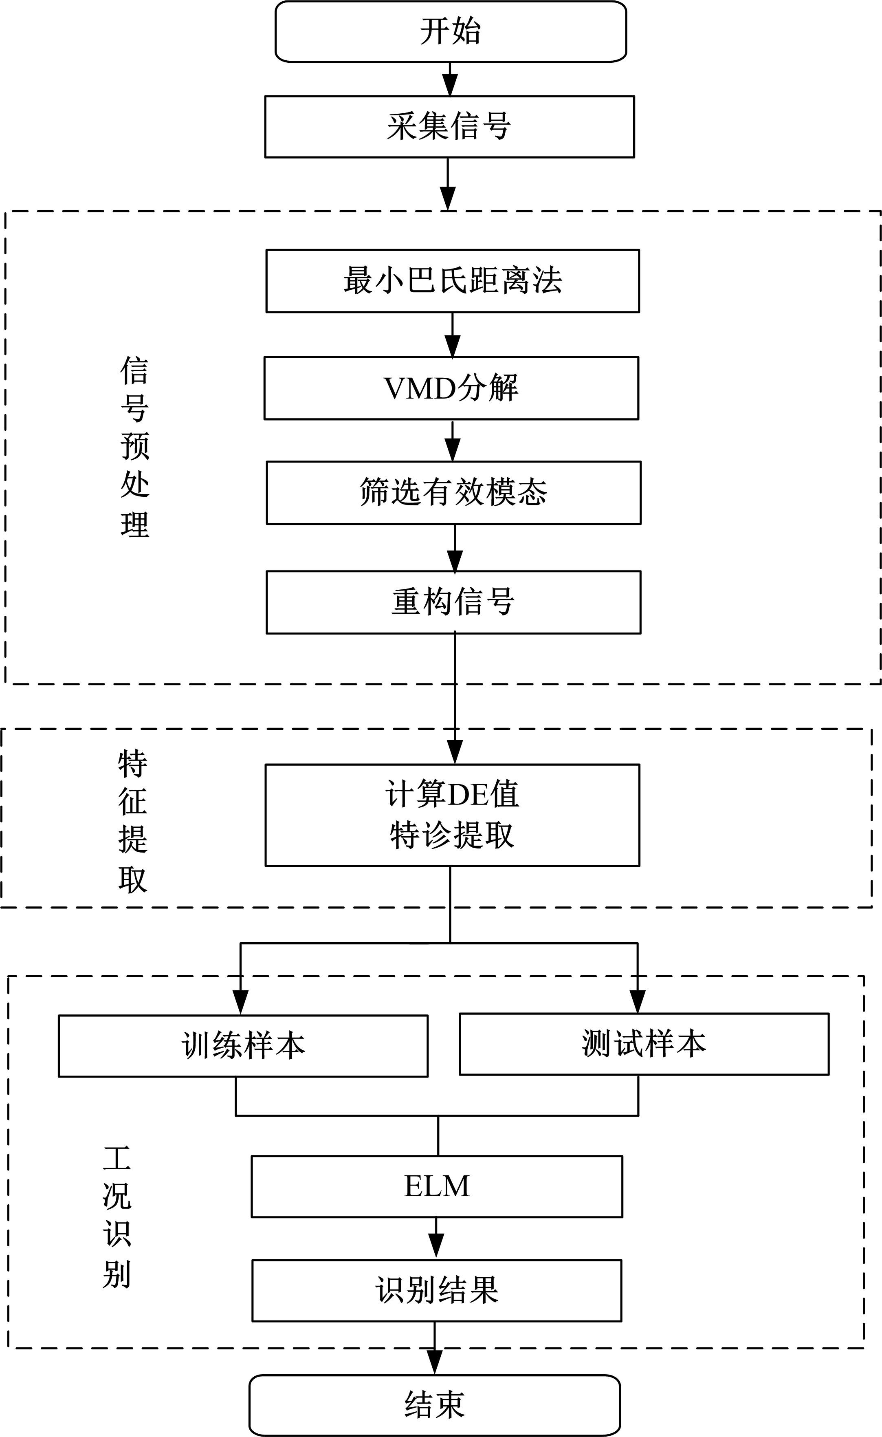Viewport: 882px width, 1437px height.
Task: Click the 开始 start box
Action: pyautogui.click(x=450, y=31)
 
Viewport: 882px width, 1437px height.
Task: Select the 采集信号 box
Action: pyautogui.click(x=449, y=127)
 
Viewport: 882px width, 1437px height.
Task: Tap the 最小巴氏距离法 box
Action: pyautogui.click(x=453, y=281)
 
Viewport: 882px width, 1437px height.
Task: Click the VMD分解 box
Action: pyautogui.click(x=451, y=388)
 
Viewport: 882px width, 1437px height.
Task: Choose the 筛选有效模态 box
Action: pyautogui.click(x=453, y=492)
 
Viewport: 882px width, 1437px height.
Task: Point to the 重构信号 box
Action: pyautogui.click(x=453, y=602)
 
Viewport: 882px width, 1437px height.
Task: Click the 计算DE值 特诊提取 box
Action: pyautogui.click(x=452, y=815)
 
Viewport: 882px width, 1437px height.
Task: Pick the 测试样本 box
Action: pyautogui.click(x=644, y=1044)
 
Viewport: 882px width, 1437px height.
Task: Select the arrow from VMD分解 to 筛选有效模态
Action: pyautogui.click(x=453, y=441)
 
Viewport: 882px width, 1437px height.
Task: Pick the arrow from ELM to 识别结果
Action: pyautogui.click(x=436, y=1239)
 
